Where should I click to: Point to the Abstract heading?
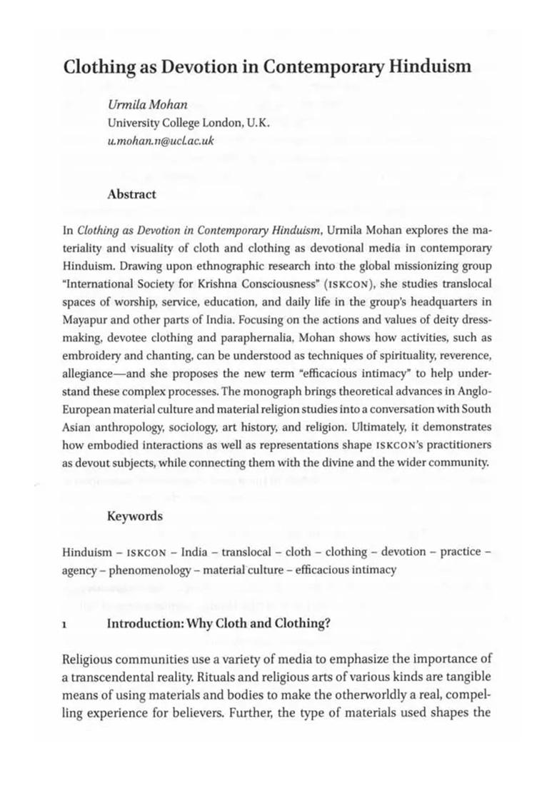pyautogui.click(x=131, y=193)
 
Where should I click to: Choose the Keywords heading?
pyautogui.click(x=135, y=515)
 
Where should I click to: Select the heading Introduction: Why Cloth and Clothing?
pyautogui.click(x=218, y=623)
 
